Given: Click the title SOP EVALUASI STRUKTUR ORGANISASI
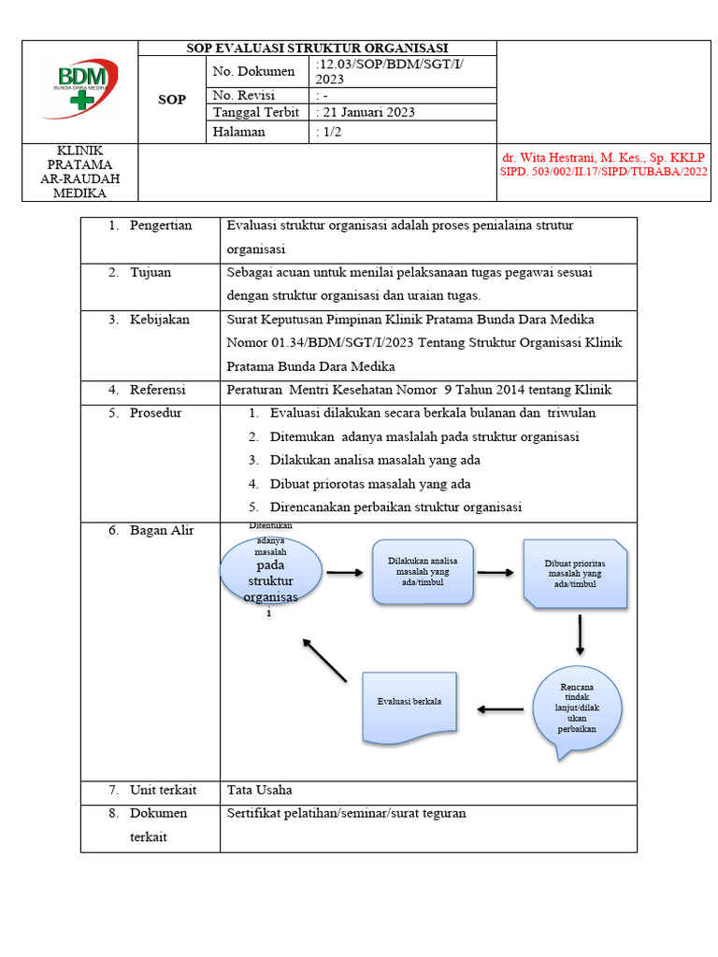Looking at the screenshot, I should [x=317, y=49].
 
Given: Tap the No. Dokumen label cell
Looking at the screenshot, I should [x=253, y=72].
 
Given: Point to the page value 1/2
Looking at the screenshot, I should [x=328, y=132].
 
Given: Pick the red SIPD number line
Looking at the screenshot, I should [x=603, y=172].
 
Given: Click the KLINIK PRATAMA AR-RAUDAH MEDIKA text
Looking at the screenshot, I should [x=80, y=172].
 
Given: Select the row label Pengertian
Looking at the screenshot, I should [x=160, y=225].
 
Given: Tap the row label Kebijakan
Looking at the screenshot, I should [x=159, y=319].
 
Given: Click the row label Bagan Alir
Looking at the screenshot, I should [x=161, y=530].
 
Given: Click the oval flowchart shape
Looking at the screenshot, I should [x=271, y=573].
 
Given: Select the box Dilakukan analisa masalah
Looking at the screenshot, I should [x=423, y=571].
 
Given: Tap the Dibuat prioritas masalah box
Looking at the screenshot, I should [x=574, y=573].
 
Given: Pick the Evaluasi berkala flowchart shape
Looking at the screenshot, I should [x=409, y=703].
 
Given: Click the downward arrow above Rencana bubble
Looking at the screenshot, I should [x=581, y=635].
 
